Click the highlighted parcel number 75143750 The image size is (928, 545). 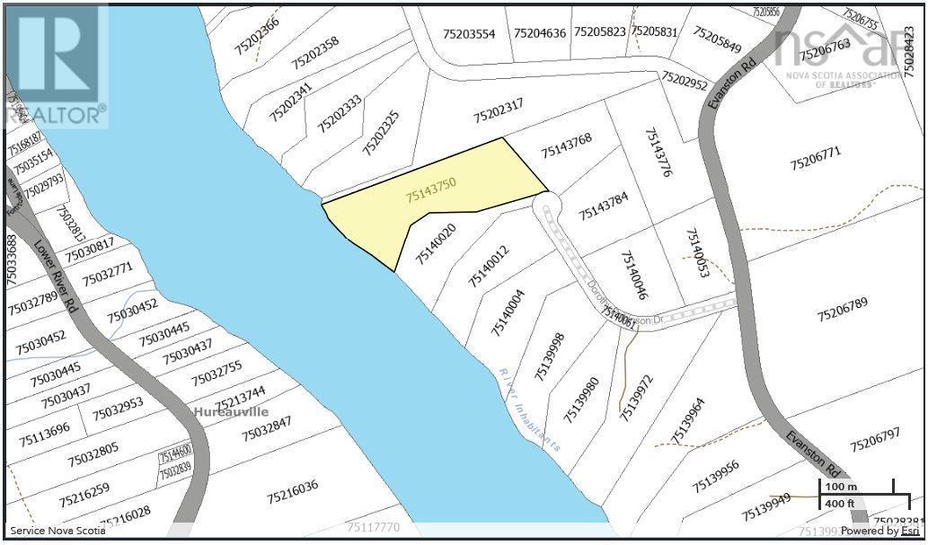point(431,189)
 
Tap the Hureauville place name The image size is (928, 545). point(231,411)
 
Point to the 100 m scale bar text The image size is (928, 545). point(841,487)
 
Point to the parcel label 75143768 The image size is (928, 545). point(566,145)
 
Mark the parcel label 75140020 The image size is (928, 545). point(437,243)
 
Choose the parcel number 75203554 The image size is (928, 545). point(469,33)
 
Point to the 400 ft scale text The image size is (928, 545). point(841,504)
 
